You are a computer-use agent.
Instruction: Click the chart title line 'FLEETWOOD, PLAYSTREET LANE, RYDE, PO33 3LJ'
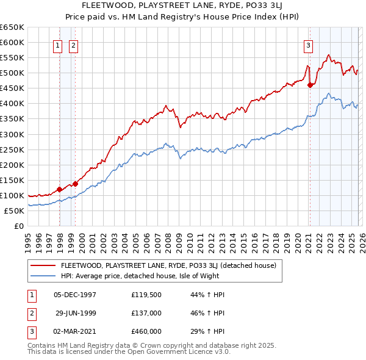[x=183, y=6]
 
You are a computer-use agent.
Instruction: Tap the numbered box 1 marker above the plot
[x=58, y=45]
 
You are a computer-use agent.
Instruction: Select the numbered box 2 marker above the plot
[x=73, y=45]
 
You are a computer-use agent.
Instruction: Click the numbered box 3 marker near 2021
[x=308, y=45]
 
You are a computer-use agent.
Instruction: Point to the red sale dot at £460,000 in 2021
[x=310, y=85]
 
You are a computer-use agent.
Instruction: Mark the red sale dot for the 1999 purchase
[x=76, y=183]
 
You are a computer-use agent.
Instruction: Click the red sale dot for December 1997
[x=59, y=189]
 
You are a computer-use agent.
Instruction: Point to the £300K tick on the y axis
[x=12, y=134]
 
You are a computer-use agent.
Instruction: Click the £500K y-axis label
[x=12, y=73]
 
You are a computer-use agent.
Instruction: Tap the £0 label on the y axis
[x=18, y=226]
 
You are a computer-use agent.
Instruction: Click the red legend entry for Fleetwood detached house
[x=168, y=265]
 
